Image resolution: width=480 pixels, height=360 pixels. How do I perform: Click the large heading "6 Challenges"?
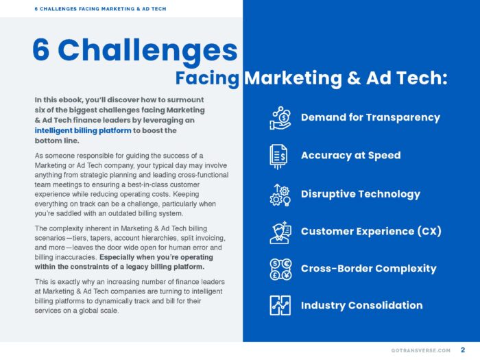[x=134, y=50]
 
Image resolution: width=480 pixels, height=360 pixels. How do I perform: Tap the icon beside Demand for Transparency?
[x=280, y=118]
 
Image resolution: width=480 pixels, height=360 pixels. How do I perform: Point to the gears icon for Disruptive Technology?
[x=280, y=194]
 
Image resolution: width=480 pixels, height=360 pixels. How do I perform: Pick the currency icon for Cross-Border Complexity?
[x=280, y=269]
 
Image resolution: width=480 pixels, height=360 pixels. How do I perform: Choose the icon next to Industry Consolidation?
[x=280, y=306]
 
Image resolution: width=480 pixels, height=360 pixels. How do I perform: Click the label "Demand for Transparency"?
[x=370, y=117]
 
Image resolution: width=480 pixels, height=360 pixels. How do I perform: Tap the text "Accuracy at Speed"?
[x=350, y=156]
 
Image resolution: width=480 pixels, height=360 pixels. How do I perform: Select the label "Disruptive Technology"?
[x=361, y=194]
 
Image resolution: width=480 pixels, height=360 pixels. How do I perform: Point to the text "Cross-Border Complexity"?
[x=368, y=268]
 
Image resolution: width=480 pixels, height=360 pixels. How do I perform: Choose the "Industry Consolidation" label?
[x=361, y=305]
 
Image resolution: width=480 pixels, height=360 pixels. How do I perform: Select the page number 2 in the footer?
[x=463, y=350]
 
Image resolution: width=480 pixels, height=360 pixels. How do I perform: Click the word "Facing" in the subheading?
[x=207, y=78]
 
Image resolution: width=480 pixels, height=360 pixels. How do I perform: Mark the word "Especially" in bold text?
[x=121, y=257]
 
